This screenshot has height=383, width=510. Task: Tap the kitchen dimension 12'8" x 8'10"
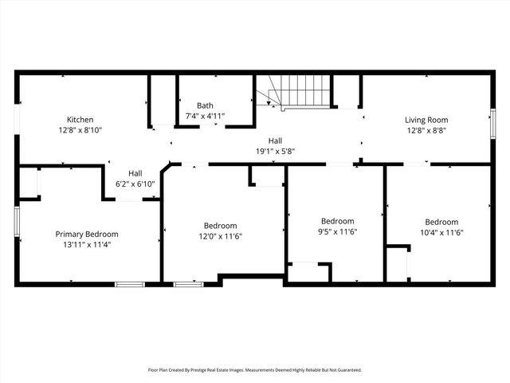[80, 129]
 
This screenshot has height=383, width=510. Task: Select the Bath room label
[205, 105]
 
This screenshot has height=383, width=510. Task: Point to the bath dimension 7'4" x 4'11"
[205, 116]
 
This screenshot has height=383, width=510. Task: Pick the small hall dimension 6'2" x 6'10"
[135, 184]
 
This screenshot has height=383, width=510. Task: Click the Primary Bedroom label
[87, 234]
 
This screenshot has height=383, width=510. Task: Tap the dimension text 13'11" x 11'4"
[87, 244]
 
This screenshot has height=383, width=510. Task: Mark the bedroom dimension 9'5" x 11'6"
[337, 231]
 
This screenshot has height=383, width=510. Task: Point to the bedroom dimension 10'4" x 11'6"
[441, 232]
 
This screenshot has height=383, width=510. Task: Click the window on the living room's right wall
[492, 124]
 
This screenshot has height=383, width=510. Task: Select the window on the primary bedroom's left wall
[17, 221]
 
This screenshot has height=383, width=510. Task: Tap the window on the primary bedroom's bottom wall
[130, 283]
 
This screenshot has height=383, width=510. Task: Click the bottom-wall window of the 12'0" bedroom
[188, 283]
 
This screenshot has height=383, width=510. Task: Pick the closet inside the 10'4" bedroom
[396, 263]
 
